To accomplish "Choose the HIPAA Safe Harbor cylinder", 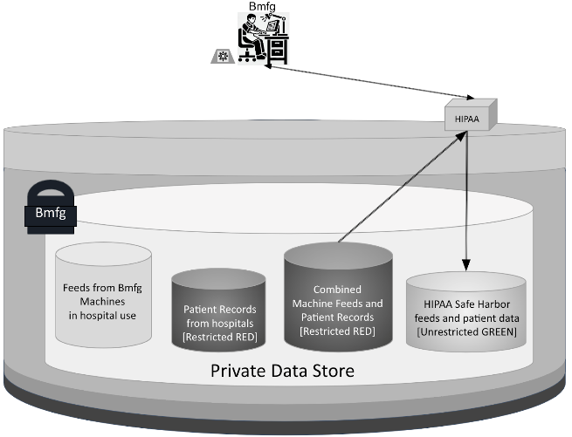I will [466, 314].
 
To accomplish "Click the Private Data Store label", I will [282, 371].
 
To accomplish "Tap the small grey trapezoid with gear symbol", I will [224, 57].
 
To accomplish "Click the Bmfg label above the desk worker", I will [259, 8].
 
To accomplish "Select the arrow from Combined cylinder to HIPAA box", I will [396, 187].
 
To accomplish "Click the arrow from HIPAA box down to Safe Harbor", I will [469, 201].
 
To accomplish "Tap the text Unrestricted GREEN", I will [467, 332].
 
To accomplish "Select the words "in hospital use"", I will [103, 315].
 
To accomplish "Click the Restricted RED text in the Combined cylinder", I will [337, 331].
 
